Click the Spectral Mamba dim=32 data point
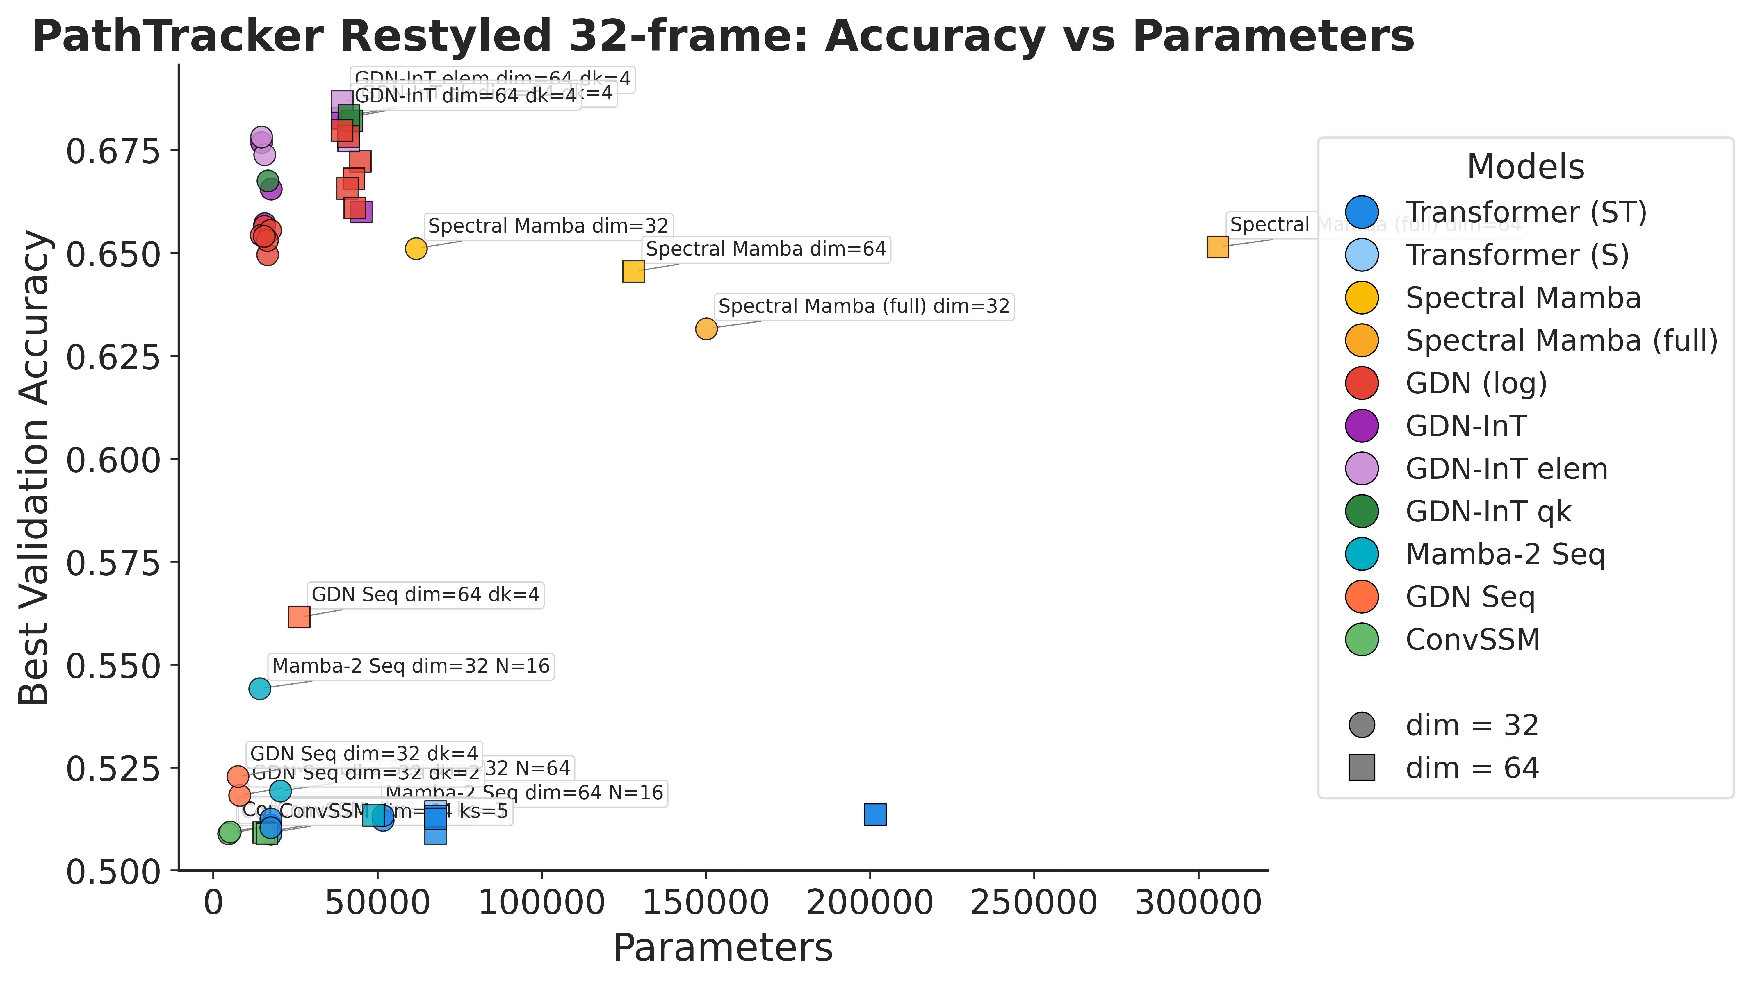416,249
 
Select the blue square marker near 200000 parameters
875,814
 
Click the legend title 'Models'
1525,167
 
